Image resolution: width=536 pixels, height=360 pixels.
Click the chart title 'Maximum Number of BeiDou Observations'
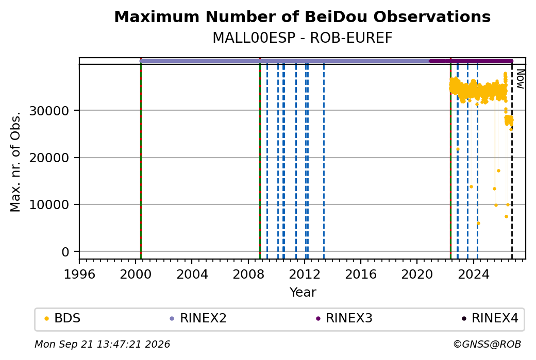[302, 16]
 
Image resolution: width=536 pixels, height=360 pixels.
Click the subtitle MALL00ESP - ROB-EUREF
[302, 38]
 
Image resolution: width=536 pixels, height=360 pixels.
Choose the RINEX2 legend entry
[198, 318]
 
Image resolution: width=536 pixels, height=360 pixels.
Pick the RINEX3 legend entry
[344, 318]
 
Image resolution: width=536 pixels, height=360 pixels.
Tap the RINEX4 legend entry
[490, 318]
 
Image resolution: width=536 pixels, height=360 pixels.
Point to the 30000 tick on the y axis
[49, 111]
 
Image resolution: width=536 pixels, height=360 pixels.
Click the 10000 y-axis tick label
[49, 205]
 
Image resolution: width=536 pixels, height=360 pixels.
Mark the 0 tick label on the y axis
[65, 252]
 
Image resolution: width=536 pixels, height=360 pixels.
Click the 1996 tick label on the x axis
[79, 275]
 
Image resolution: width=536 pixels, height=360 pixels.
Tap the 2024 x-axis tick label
[474, 275]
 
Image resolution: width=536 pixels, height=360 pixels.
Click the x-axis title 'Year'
[303, 293]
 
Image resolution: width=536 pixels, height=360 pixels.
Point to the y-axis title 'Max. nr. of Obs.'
[15, 162]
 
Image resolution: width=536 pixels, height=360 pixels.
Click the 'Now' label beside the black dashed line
[520, 79]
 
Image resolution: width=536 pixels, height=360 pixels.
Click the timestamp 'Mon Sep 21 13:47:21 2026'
[103, 344]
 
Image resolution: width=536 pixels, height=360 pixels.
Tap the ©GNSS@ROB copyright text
[487, 344]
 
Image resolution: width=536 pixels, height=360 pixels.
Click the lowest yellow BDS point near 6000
[478, 224]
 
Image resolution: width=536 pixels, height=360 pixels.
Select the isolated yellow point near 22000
[458, 149]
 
